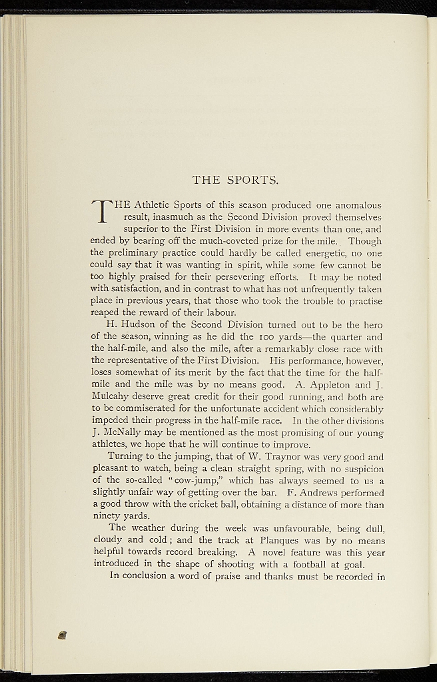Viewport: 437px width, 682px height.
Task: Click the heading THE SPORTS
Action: [235, 180]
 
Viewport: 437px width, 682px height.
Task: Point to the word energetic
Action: [324, 253]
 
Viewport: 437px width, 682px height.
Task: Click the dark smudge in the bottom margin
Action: [63, 636]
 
